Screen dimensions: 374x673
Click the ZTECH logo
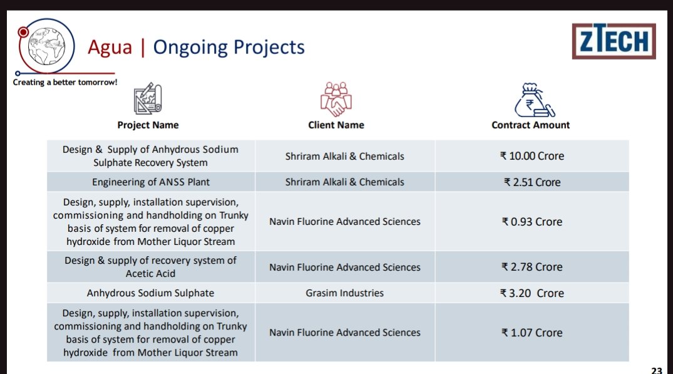tap(614, 41)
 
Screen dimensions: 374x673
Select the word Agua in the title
tap(110, 47)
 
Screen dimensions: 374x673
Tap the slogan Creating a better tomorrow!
tap(65, 83)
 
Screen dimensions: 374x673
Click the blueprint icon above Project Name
tap(148, 99)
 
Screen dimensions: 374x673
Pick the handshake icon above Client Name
tap(336, 99)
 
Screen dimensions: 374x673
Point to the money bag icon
tap(532, 99)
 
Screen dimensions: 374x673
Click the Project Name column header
tap(148, 125)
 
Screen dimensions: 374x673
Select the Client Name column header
tap(336, 125)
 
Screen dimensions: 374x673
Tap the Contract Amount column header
tap(531, 125)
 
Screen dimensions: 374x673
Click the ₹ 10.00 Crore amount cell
tap(532, 156)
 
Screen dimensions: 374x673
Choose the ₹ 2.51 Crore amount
tap(532, 182)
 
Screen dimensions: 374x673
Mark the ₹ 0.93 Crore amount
tap(532, 222)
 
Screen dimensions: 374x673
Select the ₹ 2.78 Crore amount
tap(532, 267)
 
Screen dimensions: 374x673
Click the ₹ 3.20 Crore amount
tap(532, 293)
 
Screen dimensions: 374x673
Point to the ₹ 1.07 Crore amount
tap(532, 333)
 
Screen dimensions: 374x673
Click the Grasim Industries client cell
tap(345, 293)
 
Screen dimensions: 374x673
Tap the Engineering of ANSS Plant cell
tap(151, 182)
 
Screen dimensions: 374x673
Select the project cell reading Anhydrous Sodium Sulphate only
tap(151, 293)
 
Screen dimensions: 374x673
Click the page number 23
tap(656, 370)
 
